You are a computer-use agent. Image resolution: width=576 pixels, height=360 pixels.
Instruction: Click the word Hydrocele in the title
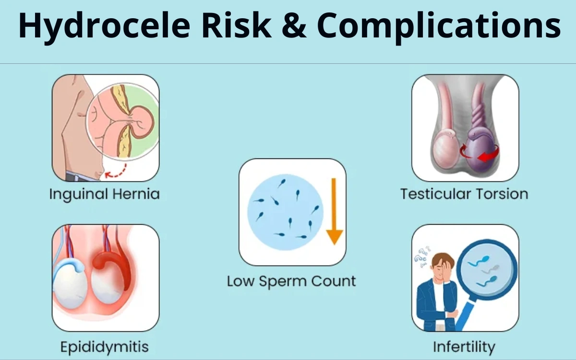pyautogui.click(x=105, y=26)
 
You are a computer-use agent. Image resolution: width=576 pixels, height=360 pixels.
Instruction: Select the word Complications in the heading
pyautogui.click(x=439, y=27)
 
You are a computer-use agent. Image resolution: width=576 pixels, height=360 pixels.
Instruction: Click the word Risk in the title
pyautogui.click(x=237, y=25)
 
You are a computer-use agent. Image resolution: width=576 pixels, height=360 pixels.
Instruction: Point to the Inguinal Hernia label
pyautogui.click(x=105, y=194)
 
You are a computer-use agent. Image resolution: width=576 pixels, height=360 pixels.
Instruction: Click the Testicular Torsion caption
pyautogui.click(x=465, y=194)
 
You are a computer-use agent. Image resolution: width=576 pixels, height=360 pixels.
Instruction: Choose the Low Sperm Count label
pyautogui.click(x=291, y=281)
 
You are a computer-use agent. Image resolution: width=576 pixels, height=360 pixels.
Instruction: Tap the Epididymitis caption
pyautogui.click(x=105, y=347)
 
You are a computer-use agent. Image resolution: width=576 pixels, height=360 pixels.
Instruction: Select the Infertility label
pyautogui.click(x=464, y=347)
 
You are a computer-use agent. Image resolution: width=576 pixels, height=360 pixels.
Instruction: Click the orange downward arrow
pyautogui.click(x=334, y=211)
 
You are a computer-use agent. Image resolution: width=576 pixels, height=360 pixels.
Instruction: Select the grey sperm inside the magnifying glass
pyautogui.click(x=490, y=269)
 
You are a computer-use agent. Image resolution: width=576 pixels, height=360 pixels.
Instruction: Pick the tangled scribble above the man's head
pyautogui.click(x=422, y=256)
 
